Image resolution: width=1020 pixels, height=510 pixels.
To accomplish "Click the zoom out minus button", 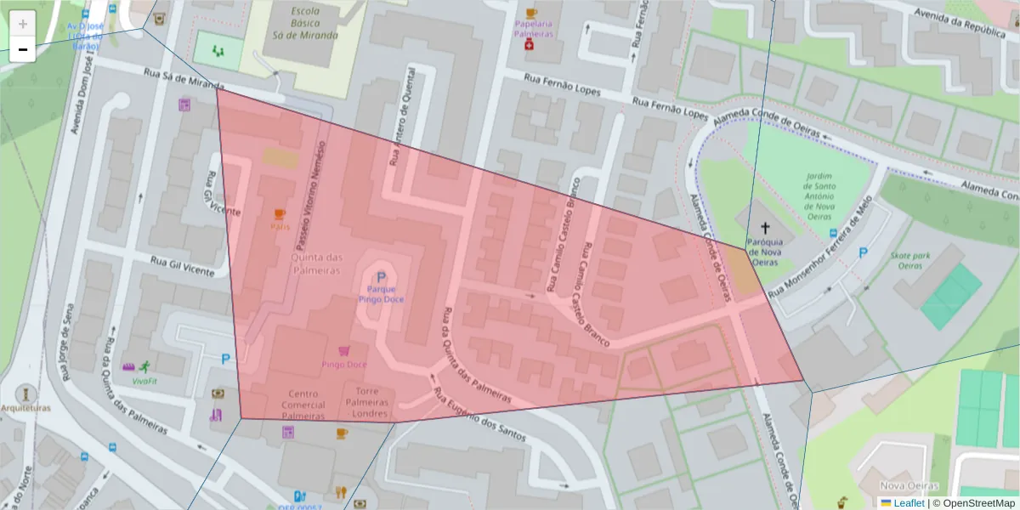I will point(23,50).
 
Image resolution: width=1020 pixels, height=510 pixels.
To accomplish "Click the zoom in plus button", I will point(23,24).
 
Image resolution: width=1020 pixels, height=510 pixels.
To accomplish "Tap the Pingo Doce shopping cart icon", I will point(343,351).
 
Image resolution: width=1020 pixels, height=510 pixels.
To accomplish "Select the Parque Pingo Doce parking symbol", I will point(381,277).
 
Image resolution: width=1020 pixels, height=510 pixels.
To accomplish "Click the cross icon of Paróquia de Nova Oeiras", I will point(764,228).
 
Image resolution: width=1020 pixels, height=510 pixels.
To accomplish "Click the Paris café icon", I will point(280,214).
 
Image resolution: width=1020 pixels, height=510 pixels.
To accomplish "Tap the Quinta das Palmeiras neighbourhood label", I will point(317,263).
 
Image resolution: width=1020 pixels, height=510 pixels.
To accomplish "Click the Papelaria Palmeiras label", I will point(534,29).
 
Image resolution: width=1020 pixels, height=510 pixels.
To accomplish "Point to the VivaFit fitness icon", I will point(143,367).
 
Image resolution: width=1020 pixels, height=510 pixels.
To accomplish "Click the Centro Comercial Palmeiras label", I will point(303,405).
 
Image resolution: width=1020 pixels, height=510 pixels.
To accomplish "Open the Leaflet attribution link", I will point(909,503).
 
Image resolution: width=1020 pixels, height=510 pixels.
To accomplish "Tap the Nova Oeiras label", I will point(902,484).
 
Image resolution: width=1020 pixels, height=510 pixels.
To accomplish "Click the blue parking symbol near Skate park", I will point(864,252).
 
